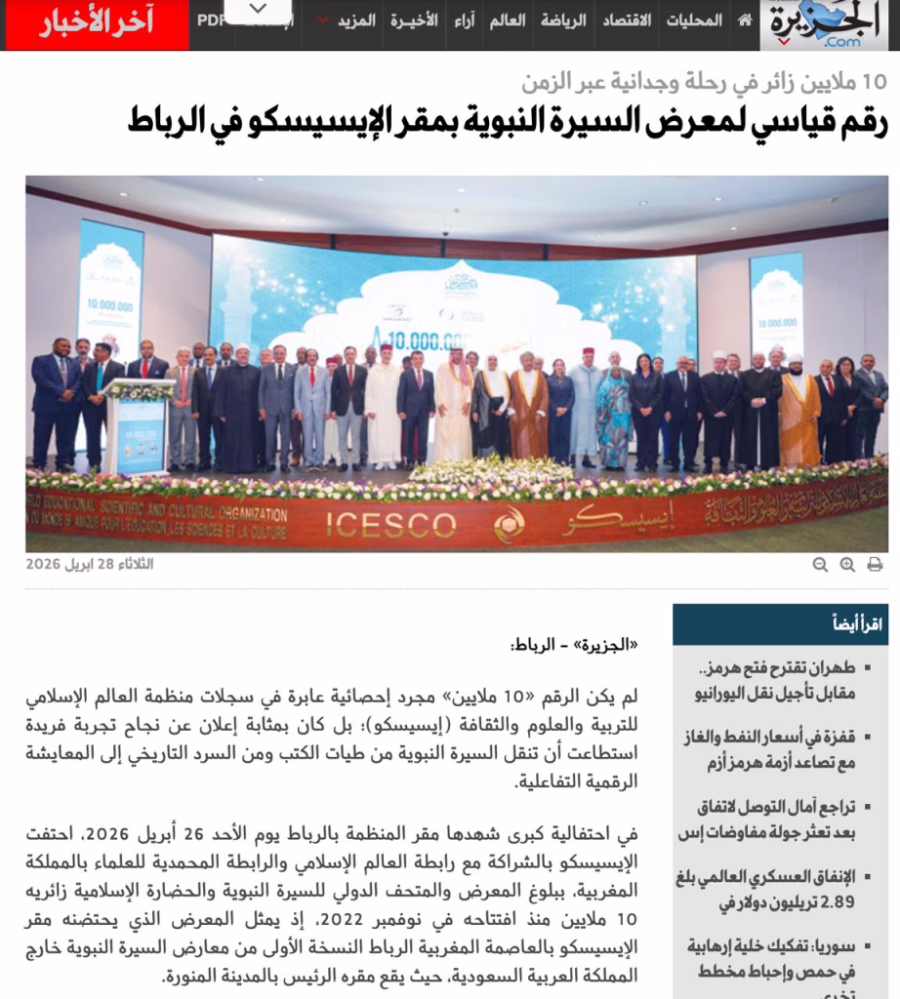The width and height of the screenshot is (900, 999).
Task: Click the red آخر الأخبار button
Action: pos(96,23)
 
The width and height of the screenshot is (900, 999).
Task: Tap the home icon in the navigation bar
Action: pos(745,20)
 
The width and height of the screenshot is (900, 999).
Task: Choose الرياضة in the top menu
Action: pos(564,20)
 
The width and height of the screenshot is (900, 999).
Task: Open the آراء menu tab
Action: pos(464,20)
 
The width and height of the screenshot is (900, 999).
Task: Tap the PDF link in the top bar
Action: pos(210,20)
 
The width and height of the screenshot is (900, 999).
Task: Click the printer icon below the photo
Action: pos(875,564)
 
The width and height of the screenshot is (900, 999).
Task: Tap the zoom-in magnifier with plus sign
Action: pos(847,564)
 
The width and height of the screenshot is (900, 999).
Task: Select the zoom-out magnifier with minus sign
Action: pos(820,564)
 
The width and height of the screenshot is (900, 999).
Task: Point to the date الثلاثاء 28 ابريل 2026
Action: pos(90,564)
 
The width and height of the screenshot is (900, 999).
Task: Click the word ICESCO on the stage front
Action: pos(390,524)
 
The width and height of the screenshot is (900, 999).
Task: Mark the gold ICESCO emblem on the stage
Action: pos(509,524)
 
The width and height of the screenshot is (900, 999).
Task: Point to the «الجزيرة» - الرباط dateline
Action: pos(575,645)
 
